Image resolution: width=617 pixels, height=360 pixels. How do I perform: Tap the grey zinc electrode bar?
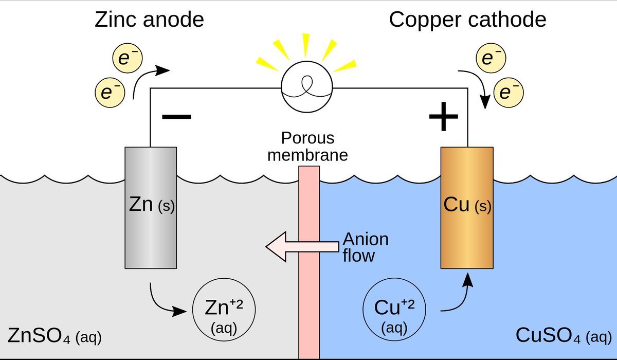tap(151, 208)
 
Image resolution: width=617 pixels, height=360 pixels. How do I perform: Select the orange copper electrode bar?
tap(467, 208)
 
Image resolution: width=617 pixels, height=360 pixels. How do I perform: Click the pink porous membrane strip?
tap(309, 262)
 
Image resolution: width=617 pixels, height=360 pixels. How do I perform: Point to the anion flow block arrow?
tap(302, 246)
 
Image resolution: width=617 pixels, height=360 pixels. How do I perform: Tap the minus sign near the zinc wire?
tap(176, 117)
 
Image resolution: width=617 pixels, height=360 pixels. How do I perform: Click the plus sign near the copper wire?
tap(443, 116)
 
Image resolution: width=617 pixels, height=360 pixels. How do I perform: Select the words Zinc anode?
tap(149, 20)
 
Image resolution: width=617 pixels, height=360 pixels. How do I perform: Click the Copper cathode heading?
tap(467, 20)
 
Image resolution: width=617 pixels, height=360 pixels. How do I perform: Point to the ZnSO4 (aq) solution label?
tap(55, 336)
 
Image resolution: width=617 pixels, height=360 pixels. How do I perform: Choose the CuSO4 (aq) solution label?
tap(564, 336)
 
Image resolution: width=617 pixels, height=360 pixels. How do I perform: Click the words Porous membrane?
tap(307, 147)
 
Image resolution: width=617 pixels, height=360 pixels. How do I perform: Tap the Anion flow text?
tap(366, 247)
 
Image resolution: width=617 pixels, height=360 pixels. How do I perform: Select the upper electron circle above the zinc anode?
tap(128, 58)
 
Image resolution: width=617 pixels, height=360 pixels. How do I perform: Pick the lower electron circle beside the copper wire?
tap(509, 93)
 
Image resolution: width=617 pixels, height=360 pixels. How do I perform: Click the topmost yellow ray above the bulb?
tap(306, 44)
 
